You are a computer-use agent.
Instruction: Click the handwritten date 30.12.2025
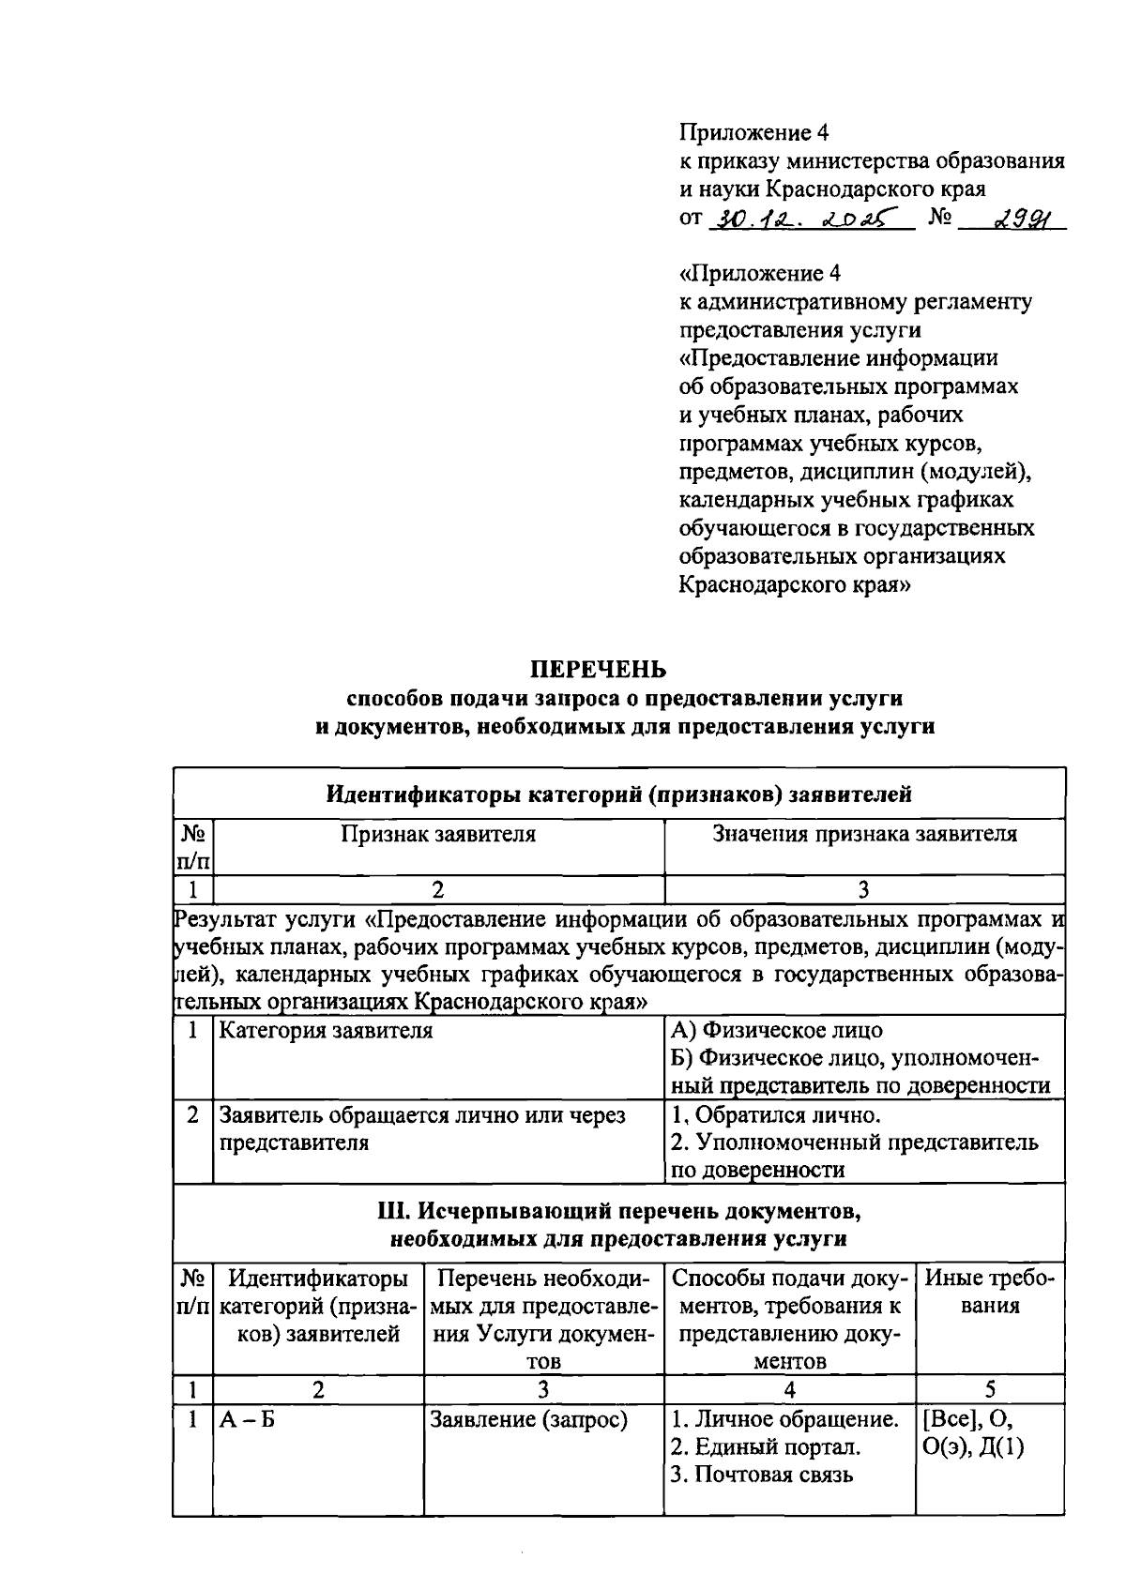[812, 219]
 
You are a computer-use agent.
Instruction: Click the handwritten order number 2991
[1016, 219]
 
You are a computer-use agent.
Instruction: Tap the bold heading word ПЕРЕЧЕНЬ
[599, 670]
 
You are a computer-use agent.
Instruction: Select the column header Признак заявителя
[438, 834]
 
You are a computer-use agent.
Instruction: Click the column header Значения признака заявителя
[864, 834]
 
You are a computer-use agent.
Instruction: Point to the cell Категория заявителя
[326, 1031]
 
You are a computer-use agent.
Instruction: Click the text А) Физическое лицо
[777, 1030]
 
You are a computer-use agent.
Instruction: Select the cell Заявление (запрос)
[528, 1420]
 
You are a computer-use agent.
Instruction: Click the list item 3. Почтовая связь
[762, 1475]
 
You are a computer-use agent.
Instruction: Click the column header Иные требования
[990, 1292]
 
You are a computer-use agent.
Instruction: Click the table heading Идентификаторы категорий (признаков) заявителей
[618, 794]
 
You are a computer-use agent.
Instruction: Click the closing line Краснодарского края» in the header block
[795, 584]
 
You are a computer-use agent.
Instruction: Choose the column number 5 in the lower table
[990, 1389]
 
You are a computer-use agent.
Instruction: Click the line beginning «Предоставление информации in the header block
[838, 358]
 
